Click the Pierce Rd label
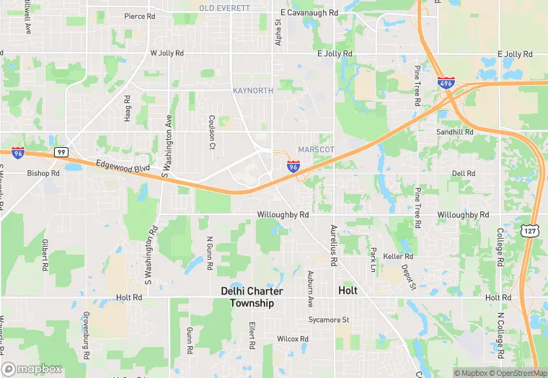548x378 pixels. coord(139,16)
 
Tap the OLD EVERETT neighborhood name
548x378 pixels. coord(224,8)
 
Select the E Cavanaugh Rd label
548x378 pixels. coord(309,13)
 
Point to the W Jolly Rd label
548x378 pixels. coord(167,53)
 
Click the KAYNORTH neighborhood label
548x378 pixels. coord(253,90)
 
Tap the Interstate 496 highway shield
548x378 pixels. coord(446,84)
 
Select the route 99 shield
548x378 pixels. coord(61,152)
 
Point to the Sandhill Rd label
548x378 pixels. coord(454,133)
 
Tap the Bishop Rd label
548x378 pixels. coord(43,173)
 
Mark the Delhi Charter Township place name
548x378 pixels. coord(252,297)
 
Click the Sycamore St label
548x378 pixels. coord(328,320)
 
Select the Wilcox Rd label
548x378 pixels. coord(293,338)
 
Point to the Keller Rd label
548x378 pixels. coord(398,256)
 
